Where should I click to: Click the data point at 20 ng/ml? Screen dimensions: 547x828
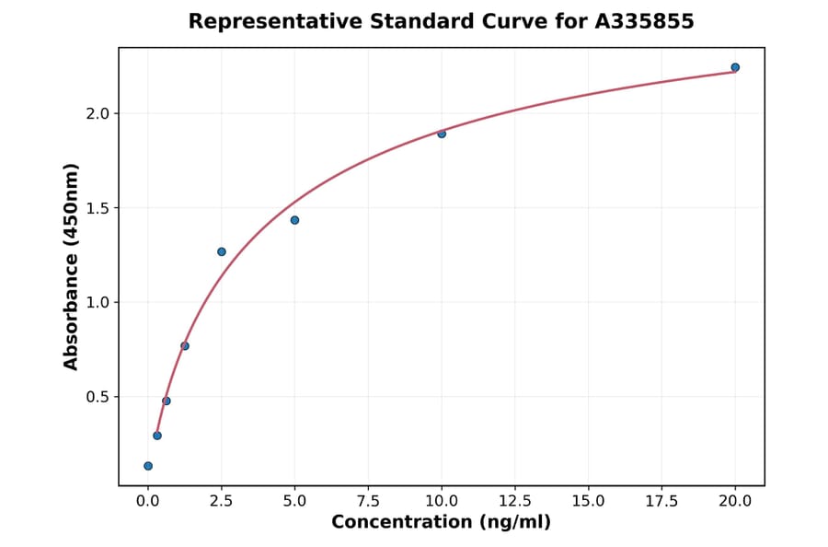(x=735, y=67)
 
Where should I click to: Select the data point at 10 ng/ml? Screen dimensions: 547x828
(x=442, y=134)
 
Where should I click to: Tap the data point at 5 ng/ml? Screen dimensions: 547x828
(x=294, y=220)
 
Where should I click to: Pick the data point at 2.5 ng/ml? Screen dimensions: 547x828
(x=222, y=251)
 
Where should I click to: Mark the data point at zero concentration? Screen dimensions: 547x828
(x=148, y=466)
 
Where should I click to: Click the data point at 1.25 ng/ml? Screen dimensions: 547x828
(x=185, y=346)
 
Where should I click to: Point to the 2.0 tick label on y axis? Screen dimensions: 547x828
(x=97, y=113)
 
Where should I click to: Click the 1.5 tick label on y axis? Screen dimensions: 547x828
(x=97, y=208)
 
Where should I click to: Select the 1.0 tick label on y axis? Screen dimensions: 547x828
(x=97, y=302)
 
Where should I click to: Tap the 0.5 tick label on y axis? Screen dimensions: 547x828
(x=97, y=397)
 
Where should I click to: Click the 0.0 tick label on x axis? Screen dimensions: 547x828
(x=148, y=501)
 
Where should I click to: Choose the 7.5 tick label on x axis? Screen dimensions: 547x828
(x=368, y=501)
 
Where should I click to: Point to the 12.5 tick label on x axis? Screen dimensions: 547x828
(x=515, y=501)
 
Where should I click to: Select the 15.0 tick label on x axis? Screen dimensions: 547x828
(x=589, y=501)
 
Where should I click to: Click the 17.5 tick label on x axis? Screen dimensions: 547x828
(x=662, y=501)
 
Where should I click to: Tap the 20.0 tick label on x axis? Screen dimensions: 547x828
(x=735, y=501)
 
